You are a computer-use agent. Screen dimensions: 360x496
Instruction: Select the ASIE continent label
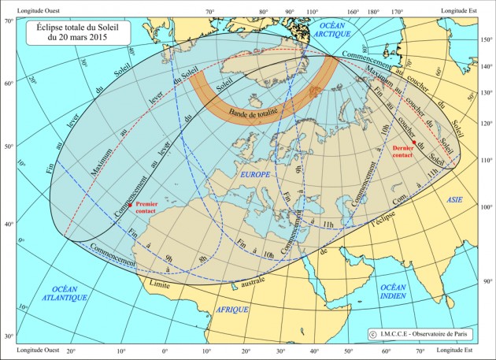pyautogui.click(x=456, y=201)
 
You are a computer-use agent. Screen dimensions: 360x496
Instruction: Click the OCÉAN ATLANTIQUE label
pyautogui.click(x=64, y=293)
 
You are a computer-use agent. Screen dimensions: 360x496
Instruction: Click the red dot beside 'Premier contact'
pyautogui.click(x=129, y=205)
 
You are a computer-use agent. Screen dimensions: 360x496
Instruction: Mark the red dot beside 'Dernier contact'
pyautogui.click(x=414, y=143)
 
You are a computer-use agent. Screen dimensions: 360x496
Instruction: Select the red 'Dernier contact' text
pyautogui.click(x=403, y=153)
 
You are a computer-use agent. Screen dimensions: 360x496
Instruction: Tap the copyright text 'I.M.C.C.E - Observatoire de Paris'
pyautogui.click(x=418, y=334)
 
